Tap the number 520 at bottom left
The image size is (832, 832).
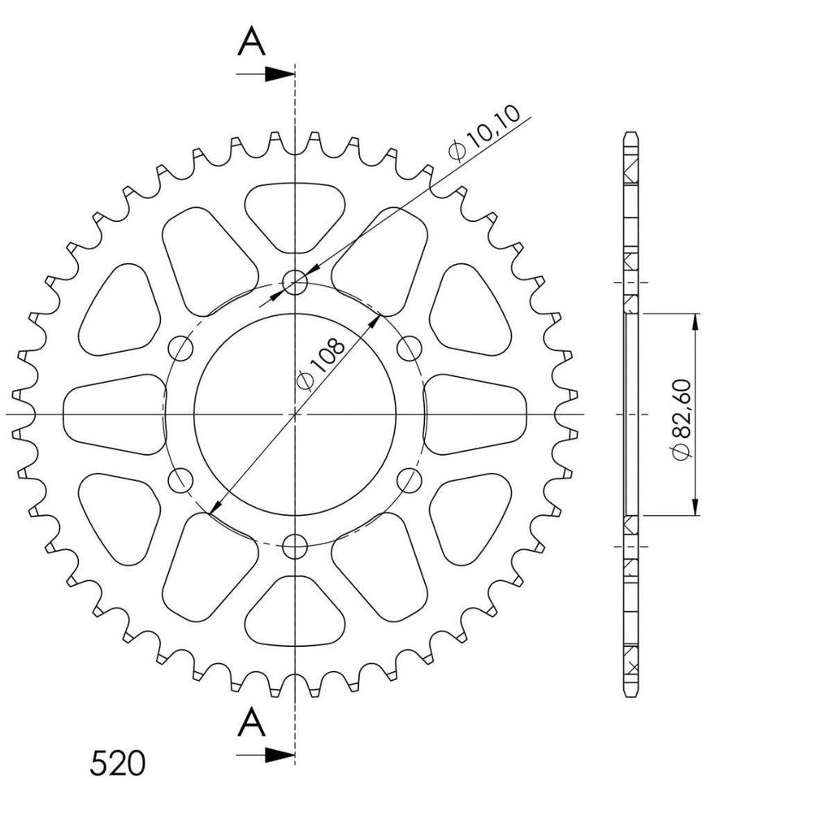(x=117, y=764)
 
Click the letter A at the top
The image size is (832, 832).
(x=251, y=42)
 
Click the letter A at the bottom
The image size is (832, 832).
(x=251, y=722)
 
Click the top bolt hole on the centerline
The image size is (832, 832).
(x=295, y=282)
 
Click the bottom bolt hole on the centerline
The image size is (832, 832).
(x=295, y=546)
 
